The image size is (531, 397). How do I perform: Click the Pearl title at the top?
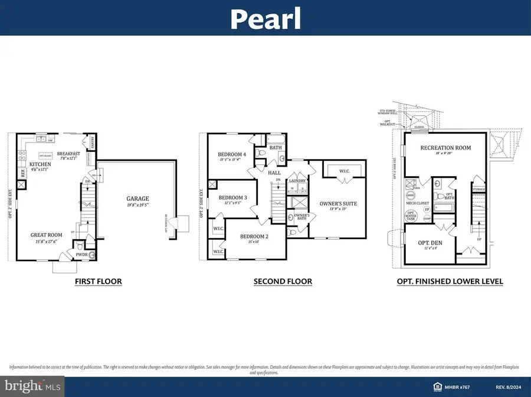[x=265, y=19]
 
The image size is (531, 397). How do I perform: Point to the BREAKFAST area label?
[x=68, y=154]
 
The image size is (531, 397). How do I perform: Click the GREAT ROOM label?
[x=47, y=235]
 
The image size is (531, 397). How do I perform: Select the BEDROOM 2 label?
[x=254, y=236]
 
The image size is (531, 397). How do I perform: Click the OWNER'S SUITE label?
[x=339, y=204]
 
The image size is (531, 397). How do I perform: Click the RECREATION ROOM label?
[x=445, y=148]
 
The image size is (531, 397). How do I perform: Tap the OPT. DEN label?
[x=429, y=243]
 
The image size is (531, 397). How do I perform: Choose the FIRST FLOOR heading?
[x=98, y=282]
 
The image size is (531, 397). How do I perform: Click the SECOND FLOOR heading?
[x=283, y=282]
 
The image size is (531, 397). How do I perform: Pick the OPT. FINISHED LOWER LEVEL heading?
[x=450, y=282]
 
